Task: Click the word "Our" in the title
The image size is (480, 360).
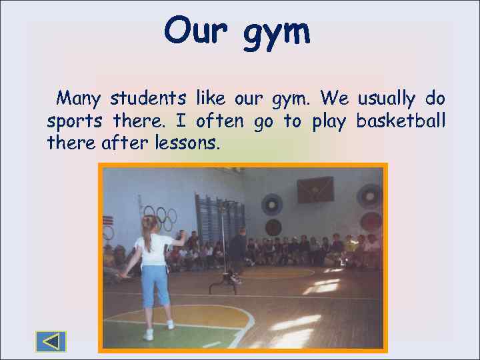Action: (x=197, y=31)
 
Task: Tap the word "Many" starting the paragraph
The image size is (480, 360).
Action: (x=78, y=99)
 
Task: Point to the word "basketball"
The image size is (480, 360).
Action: (x=401, y=121)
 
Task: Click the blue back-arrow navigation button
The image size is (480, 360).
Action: (x=51, y=341)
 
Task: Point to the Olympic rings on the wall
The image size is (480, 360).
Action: (x=160, y=216)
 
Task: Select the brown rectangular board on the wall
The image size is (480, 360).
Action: (x=315, y=189)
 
